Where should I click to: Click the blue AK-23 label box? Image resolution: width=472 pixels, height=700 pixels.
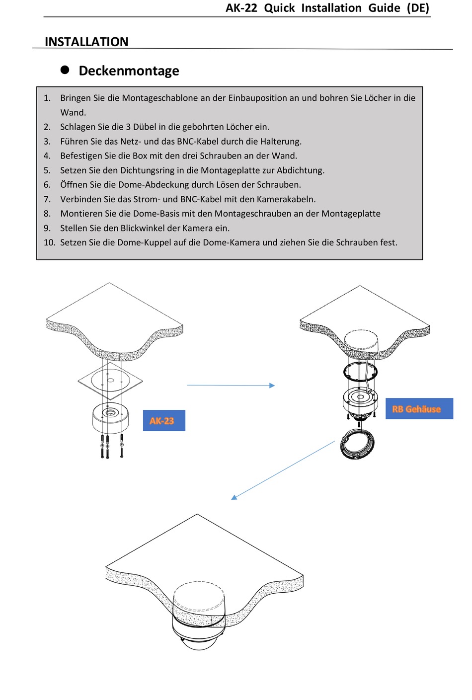(164, 420)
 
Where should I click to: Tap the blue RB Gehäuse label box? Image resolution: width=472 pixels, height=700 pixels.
(419, 408)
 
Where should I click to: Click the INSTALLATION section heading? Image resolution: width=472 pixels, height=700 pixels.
(86, 42)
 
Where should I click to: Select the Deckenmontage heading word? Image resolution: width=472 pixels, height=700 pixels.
(129, 71)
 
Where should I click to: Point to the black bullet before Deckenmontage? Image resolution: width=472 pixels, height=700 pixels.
(65, 70)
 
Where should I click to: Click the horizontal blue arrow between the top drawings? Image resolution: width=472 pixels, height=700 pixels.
(231, 385)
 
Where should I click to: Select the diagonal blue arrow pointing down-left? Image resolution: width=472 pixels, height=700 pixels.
(283, 469)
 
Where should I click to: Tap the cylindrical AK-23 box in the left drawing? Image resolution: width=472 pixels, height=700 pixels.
(110, 418)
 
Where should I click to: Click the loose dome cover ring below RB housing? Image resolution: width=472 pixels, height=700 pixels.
(357, 444)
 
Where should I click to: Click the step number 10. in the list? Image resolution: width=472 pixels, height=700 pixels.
(49, 242)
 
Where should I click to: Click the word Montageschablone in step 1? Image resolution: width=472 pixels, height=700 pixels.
(160, 98)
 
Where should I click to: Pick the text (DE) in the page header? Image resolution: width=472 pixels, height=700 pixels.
(418, 8)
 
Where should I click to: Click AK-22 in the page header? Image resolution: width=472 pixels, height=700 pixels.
(241, 8)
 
